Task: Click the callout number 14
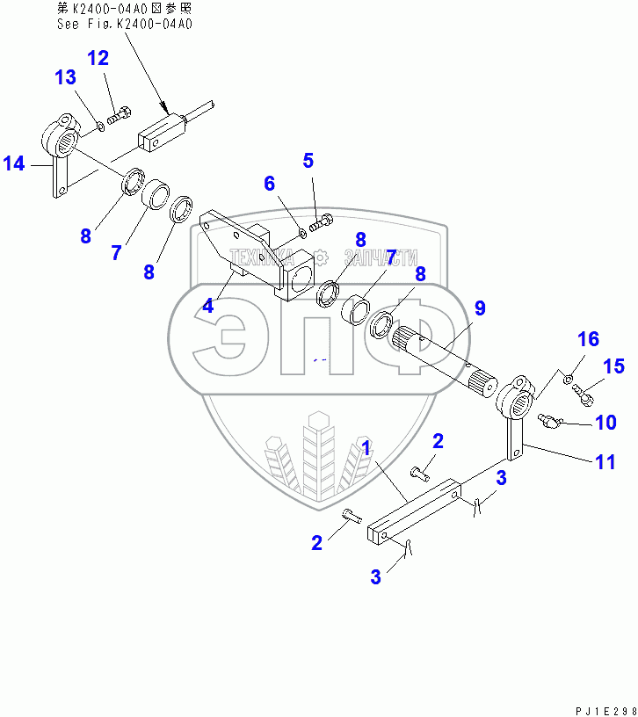pos(15,163)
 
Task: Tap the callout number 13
pos(66,77)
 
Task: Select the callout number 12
pos(98,59)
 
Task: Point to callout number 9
pos(480,308)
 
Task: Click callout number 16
pos(587,339)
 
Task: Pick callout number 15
pos(613,366)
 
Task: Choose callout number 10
pos(605,423)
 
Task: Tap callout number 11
pos(605,460)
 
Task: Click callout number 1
pos(366,447)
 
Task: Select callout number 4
pos(207,307)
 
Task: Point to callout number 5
pos(308,161)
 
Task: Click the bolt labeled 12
pos(120,114)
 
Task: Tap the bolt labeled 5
pos(324,223)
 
